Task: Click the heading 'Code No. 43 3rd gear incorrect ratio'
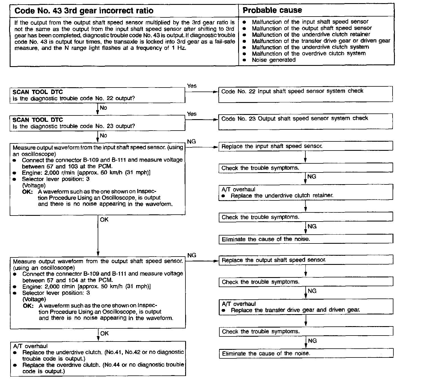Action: point(84,11)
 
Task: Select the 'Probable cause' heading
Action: point(272,10)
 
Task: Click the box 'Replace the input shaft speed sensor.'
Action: point(306,146)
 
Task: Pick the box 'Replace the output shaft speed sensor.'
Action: point(306,260)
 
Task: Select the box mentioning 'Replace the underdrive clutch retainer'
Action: point(306,192)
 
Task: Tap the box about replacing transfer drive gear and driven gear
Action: point(306,307)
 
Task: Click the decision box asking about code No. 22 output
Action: point(97,95)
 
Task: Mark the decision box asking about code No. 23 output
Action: point(97,123)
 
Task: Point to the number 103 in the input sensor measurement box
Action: point(74,166)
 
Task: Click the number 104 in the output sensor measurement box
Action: point(73,280)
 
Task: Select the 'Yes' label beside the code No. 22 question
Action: point(192,86)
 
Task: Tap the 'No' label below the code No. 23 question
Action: point(103,136)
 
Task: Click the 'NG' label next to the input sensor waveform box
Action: point(191,142)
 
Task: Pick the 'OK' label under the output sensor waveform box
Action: point(105,333)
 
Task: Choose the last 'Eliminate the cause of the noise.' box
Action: point(306,354)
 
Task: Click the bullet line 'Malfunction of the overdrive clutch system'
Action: point(309,54)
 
